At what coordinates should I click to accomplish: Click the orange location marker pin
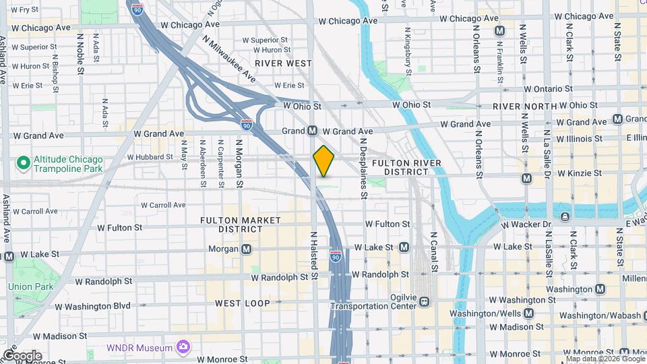pyautogui.click(x=324, y=160)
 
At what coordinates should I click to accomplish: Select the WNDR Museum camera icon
pyautogui.click(x=183, y=347)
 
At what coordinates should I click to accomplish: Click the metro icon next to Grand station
pyautogui.click(x=313, y=130)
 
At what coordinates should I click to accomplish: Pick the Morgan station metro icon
pyautogui.click(x=247, y=249)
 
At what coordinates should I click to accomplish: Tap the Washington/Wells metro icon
pyautogui.click(x=529, y=313)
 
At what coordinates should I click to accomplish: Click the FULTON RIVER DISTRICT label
pyautogui.click(x=406, y=167)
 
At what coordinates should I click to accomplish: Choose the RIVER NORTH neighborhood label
pyautogui.click(x=524, y=107)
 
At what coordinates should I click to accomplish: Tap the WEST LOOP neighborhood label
pyautogui.click(x=243, y=303)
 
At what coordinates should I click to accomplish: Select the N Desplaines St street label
pyautogui.click(x=363, y=169)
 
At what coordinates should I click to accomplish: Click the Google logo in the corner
pyautogui.click(x=22, y=355)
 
